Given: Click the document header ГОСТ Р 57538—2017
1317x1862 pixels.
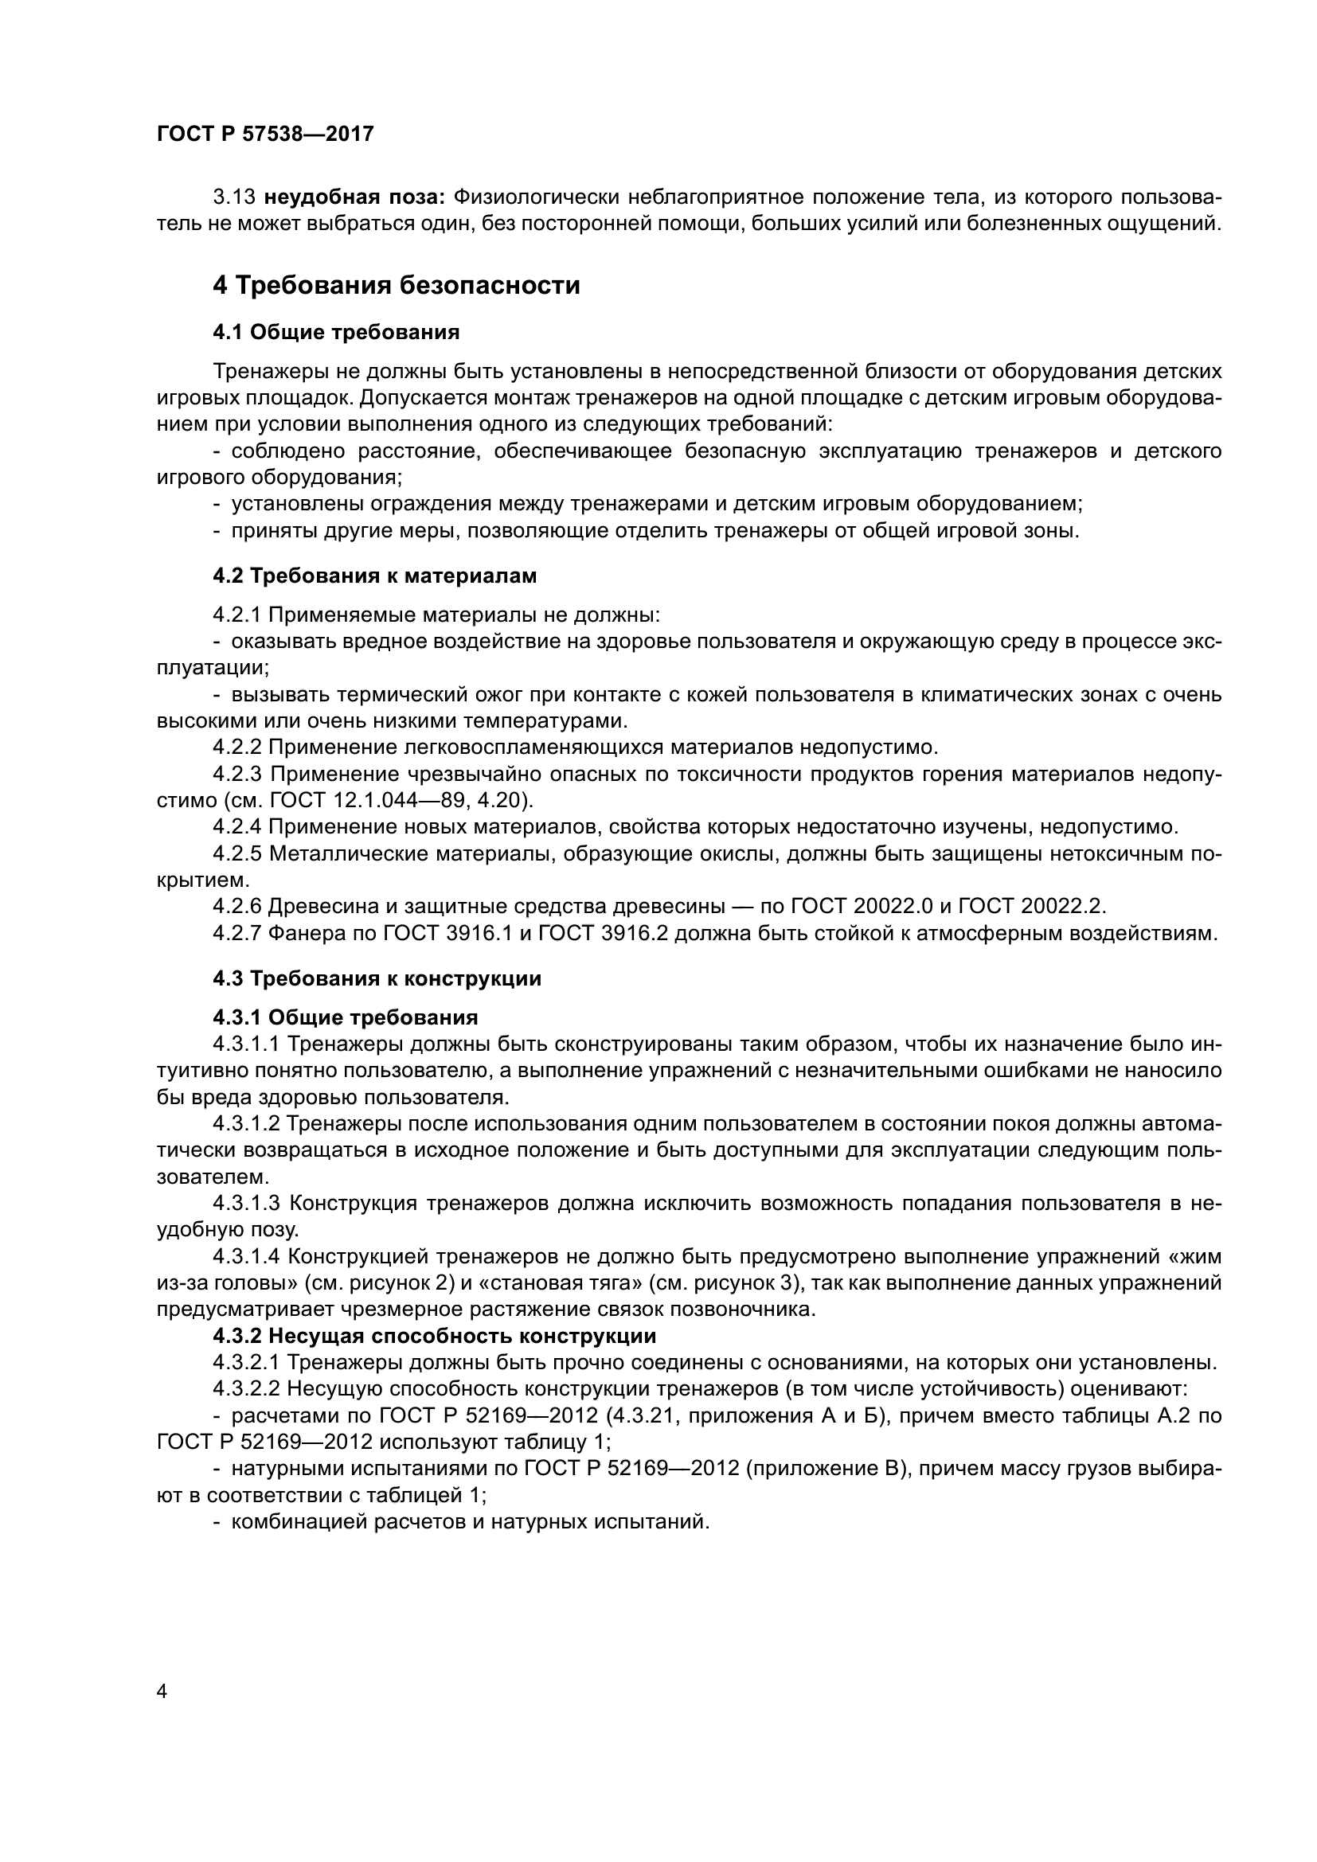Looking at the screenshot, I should point(265,135).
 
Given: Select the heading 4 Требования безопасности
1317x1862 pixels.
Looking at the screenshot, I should point(396,286).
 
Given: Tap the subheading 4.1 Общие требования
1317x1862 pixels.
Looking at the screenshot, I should point(336,332).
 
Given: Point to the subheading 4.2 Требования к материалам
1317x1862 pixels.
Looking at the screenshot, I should point(375,576).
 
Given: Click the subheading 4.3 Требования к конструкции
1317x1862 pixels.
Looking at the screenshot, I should point(377,979).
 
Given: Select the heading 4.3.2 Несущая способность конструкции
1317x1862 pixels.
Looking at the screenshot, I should point(434,1336).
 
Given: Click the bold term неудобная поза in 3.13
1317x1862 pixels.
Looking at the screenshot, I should point(354,197).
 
